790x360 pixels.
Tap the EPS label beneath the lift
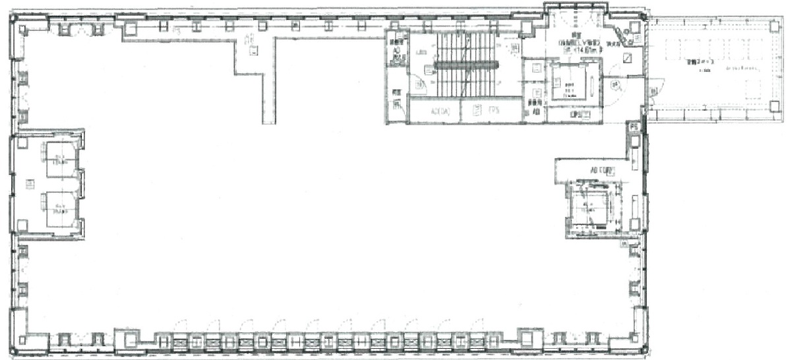click(578, 114)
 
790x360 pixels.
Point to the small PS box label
click(634, 125)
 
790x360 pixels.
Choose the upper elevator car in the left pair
click(60, 158)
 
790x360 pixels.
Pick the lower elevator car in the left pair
click(60, 208)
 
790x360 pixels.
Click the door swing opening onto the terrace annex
click(655, 86)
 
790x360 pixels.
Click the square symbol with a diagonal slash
click(627, 59)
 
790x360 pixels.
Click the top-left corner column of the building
click(22, 28)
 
